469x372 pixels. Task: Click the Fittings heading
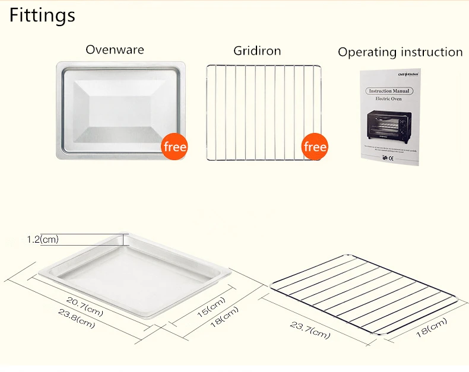pos(42,15)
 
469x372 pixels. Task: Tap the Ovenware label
pos(115,49)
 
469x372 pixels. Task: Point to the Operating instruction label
pos(400,52)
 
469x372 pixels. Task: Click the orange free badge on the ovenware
pos(175,147)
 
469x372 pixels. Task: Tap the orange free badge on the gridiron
pos(315,147)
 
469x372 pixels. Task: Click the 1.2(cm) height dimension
pos(43,240)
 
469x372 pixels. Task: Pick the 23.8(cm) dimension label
pos(76,319)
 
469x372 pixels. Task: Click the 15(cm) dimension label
pos(211,307)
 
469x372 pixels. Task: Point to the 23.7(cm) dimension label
pos(310,330)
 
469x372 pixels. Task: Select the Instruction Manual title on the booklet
pos(389,91)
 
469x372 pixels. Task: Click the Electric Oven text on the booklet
pos(389,98)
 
